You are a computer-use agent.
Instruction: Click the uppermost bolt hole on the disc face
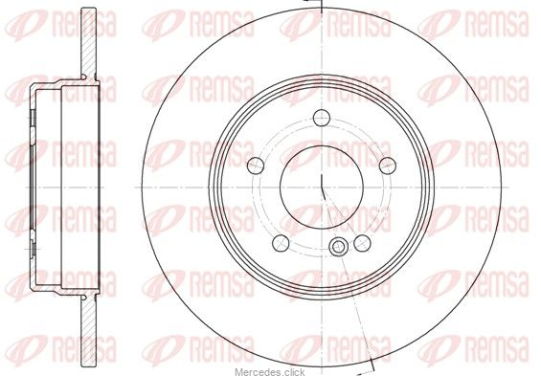tap(322, 118)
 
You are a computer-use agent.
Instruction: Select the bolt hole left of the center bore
tap(256, 166)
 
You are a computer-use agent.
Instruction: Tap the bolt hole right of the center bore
tap(388, 166)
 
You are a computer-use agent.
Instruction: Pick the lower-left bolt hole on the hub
tap(281, 243)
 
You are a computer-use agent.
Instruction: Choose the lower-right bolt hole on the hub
tap(362, 243)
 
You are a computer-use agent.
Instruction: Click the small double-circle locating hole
tap(338, 247)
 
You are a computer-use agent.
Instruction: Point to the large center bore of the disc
tap(322, 188)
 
